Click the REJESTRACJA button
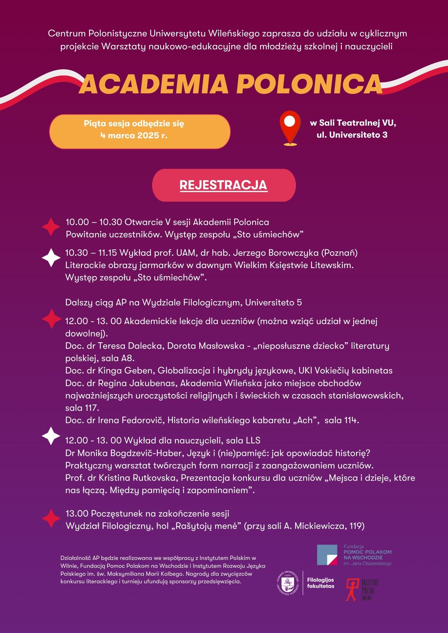click(224, 185)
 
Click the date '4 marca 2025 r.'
click(134, 135)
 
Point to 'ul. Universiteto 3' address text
click(352, 135)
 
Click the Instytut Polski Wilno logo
click(362, 590)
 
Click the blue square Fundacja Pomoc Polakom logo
click(327, 555)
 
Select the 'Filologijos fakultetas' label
click(320, 583)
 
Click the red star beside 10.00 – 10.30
click(51, 227)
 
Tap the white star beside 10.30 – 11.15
click(51, 258)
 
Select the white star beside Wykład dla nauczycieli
click(51, 436)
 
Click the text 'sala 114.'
click(342, 420)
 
